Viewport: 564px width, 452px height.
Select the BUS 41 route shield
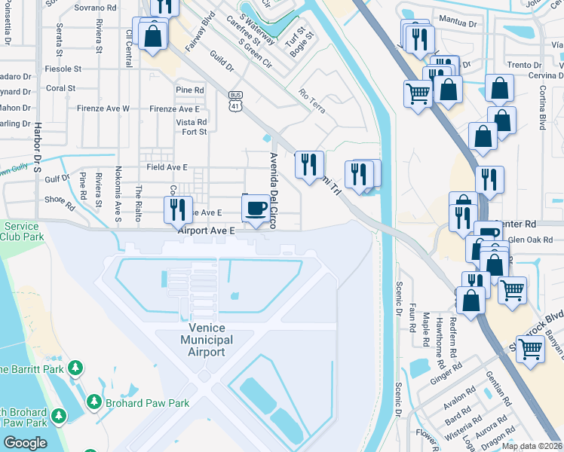(x=236, y=101)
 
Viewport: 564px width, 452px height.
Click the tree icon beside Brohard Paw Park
(x=95, y=402)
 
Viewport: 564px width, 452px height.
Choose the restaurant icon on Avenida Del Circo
(x=308, y=165)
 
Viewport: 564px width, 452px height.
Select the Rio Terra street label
(x=312, y=102)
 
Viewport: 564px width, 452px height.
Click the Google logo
(x=25, y=443)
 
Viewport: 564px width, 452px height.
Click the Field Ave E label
(x=167, y=166)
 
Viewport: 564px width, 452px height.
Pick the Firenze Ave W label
(x=109, y=108)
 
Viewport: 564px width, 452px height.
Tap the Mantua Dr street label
(x=461, y=23)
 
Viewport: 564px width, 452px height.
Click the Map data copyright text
(x=532, y=446)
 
